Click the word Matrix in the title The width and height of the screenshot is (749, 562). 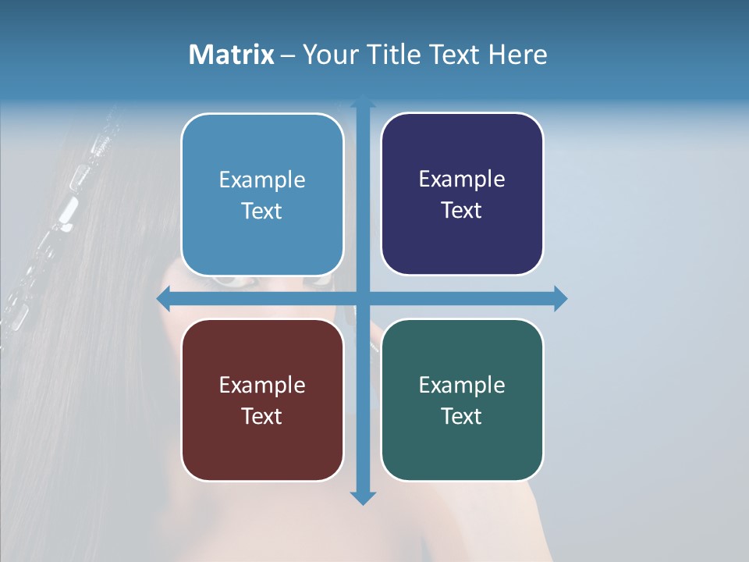[232, 55]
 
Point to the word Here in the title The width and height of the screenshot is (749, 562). [518, 55]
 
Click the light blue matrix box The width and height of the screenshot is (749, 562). [262, 194]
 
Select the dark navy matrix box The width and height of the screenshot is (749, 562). [462, 194]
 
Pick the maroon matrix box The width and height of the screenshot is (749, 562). [262, 400]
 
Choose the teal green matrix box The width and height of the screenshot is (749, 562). [462, 400]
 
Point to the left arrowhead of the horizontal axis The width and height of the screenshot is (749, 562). [164, 298]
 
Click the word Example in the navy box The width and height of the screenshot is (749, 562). [462, 179]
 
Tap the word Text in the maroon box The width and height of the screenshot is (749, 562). [262, 416]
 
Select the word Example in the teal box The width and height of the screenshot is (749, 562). [462, 385]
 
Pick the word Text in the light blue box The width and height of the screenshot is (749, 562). [262, 211]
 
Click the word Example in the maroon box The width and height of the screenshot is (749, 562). [262, 385]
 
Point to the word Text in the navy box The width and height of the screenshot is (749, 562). [462, 210]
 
